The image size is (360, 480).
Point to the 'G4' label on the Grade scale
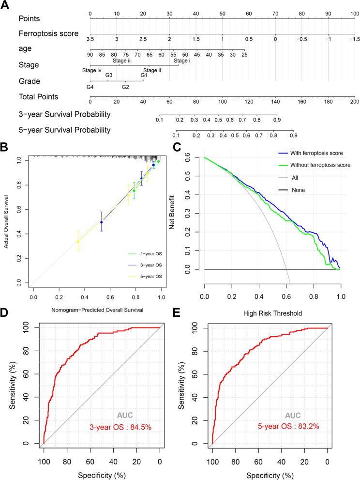point(90,87)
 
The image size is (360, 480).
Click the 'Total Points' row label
point(38,97)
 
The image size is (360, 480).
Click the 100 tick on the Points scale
point(354,14)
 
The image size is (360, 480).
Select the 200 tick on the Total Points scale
point(354,102)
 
